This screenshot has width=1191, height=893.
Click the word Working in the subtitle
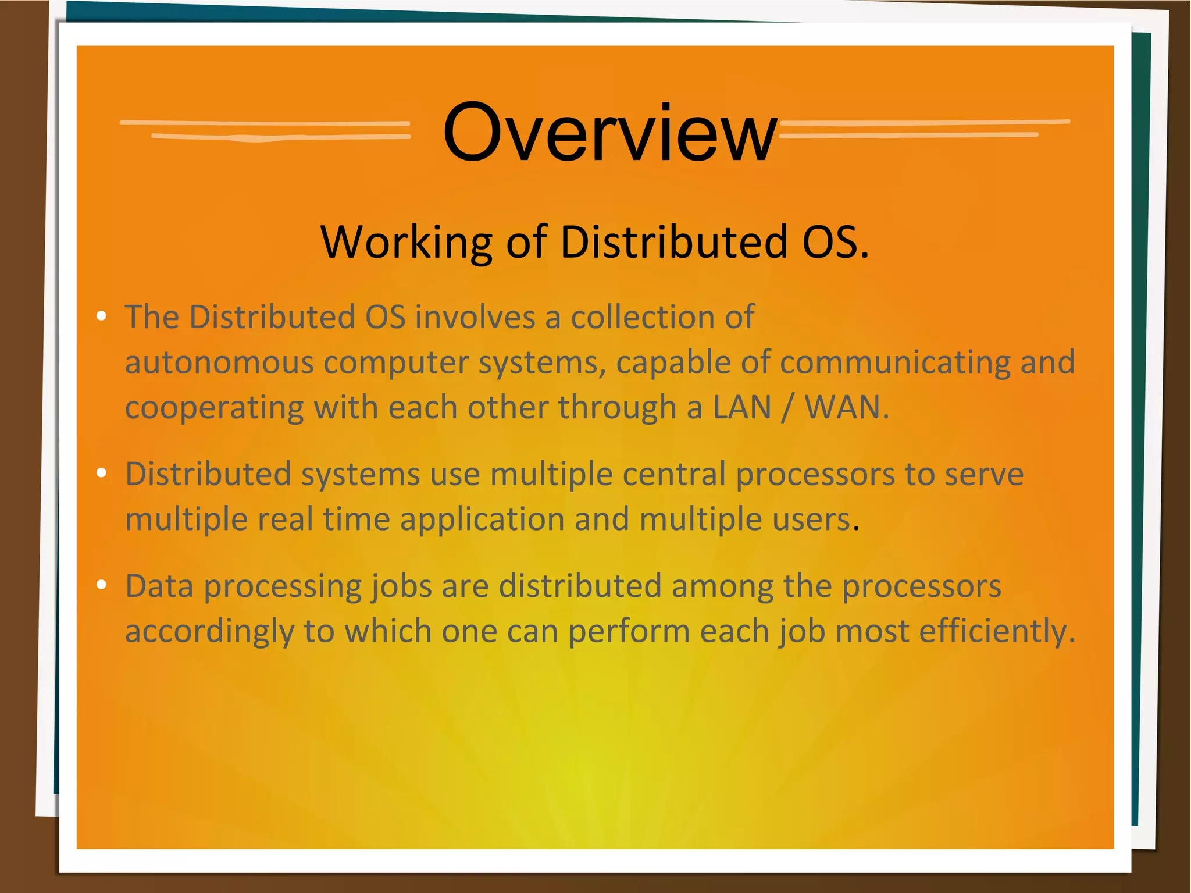coord(404,242)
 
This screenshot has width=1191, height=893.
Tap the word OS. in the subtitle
coord(835,242)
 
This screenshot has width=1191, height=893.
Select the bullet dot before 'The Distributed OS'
coord(102,316)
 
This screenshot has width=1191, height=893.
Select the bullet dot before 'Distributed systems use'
coord(102,473)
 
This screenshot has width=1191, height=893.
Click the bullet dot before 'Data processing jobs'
coord(102,585)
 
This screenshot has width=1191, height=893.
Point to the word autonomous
coord(219,362)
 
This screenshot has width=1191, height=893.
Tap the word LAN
coord(741,407)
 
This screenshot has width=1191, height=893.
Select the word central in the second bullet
coord(673,474)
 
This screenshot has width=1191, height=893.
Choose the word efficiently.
coord(996,631)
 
